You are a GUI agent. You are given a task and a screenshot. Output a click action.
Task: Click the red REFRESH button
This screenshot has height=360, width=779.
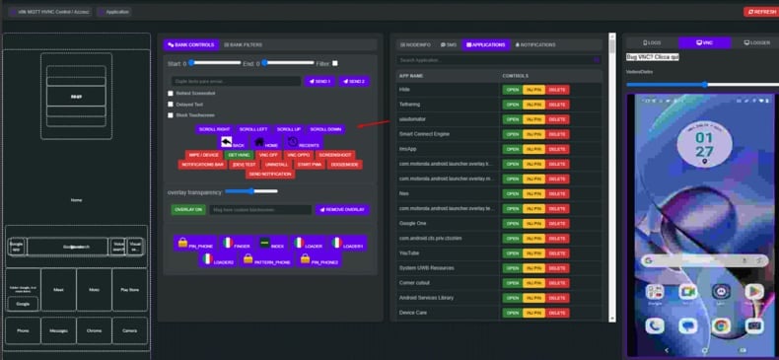(759, 12)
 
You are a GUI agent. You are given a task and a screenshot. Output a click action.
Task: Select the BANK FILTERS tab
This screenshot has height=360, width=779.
(243, 44)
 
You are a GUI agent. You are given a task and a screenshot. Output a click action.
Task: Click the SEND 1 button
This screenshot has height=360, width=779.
(320, 81)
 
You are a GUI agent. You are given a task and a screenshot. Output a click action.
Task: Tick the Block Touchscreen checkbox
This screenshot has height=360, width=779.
(171, 114)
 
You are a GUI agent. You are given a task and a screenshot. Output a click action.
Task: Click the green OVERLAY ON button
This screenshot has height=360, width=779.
(187, 209)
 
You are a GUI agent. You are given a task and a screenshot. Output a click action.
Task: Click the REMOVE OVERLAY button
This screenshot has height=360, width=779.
(342, 209)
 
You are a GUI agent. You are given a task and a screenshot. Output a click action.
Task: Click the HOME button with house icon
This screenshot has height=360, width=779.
(265, 143)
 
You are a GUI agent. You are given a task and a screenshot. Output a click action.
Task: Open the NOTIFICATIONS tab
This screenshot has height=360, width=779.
(534, 44)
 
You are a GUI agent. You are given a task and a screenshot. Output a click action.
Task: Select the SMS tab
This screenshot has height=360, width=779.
(449, 44)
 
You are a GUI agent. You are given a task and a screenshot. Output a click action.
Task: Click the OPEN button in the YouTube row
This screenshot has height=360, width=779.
(511, 252)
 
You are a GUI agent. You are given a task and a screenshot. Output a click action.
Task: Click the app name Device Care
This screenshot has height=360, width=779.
(414, 313)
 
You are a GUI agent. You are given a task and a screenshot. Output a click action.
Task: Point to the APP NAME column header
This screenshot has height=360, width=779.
(411, 75)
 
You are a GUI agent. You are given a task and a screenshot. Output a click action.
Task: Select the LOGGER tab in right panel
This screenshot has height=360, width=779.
(755, 43)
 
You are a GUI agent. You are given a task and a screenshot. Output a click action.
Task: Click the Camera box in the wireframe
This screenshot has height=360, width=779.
(128, 330)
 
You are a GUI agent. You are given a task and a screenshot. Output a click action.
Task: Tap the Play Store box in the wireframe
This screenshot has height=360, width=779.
(128, 290)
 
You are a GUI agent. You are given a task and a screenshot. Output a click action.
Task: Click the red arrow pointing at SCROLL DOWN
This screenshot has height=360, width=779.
(373, 122)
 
